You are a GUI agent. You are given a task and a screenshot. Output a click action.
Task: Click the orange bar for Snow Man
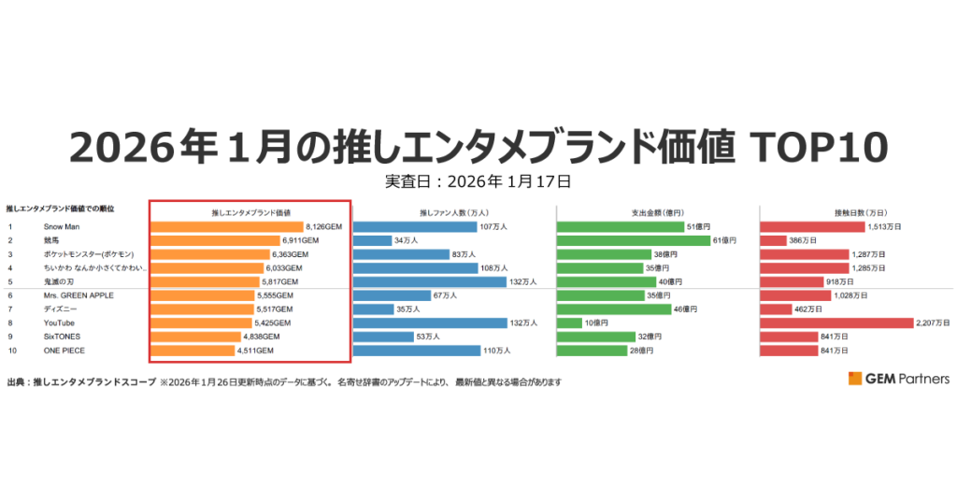[x=227, y=226]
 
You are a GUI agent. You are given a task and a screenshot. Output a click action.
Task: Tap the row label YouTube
[x=59, y=323]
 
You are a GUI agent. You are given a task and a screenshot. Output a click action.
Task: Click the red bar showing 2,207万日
[x=836, y=323]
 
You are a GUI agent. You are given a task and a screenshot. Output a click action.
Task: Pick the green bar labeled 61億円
[x=633, y=240]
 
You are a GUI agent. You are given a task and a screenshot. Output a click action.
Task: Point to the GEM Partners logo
[x=898, y=379]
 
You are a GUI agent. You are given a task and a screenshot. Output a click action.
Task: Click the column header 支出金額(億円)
[x=657, y=212]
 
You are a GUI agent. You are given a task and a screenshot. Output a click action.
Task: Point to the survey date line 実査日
[x=478, y=180]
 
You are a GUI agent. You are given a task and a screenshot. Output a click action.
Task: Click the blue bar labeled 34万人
[x=372, y=240]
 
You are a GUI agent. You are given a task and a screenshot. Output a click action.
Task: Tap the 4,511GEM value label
[x=255, y=351]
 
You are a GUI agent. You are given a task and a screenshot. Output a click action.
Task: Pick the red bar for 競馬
[x=773, y=240]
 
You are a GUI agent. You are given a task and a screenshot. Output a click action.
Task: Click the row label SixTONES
[x=62, y=337]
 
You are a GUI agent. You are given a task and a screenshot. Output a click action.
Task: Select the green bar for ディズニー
[x=613, y=309]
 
